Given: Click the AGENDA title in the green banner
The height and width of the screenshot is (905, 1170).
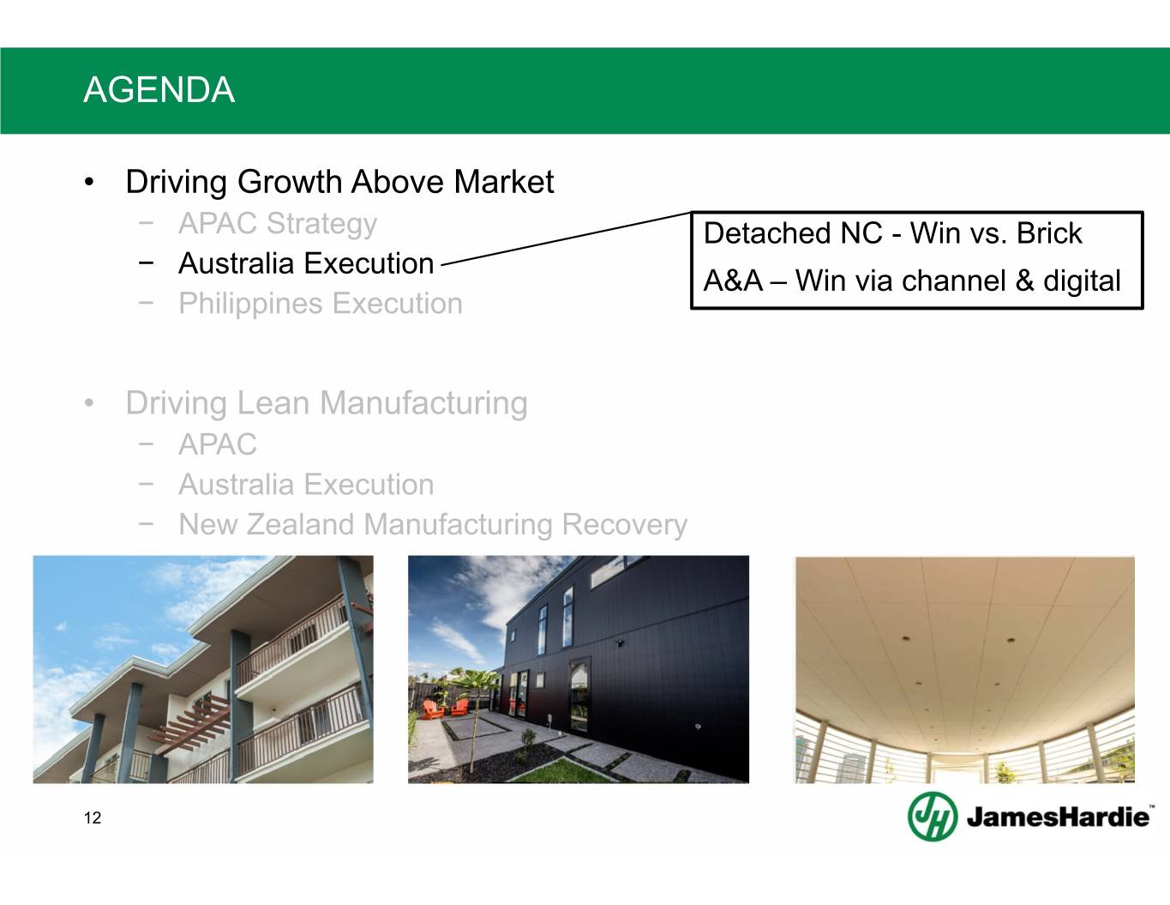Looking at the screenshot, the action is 159,89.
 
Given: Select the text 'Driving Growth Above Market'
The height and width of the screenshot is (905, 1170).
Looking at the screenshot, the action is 339,182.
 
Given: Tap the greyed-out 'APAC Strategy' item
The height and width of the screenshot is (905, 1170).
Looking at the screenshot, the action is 278,224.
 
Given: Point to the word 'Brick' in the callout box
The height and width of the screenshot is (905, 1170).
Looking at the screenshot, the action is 1049,233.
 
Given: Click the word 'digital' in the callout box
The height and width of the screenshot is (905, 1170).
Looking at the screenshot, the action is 1083,281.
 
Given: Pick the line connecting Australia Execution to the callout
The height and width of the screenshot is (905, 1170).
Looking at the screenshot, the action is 566,238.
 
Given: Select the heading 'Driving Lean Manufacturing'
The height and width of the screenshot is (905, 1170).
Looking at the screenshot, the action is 327,403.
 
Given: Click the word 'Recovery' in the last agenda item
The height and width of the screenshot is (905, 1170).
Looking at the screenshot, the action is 625,525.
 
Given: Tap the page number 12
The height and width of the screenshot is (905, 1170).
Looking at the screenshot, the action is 92,818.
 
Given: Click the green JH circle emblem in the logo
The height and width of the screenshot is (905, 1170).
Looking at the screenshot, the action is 933,816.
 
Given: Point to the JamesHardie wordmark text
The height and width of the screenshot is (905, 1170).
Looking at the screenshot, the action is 1059,818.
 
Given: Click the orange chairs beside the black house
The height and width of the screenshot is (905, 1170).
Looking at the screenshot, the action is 445,709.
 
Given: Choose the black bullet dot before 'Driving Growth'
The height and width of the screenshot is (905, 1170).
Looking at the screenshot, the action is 89,182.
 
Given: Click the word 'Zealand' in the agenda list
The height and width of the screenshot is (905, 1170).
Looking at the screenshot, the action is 301,525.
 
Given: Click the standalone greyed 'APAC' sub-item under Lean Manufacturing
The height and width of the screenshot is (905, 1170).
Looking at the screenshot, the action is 218,445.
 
